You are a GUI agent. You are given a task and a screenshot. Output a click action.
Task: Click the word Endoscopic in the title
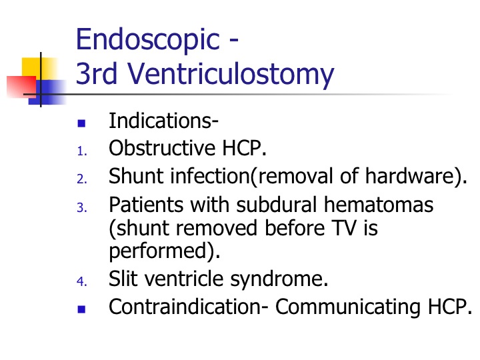point(147,40)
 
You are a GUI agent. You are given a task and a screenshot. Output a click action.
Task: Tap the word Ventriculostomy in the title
point(231,75)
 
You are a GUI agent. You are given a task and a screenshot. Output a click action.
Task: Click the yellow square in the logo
point(39,68)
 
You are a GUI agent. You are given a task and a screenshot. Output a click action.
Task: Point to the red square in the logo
point(21,87)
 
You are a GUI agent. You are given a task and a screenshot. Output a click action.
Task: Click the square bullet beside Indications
point(81,123)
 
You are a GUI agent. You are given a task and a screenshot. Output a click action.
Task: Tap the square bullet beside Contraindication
point(81,309)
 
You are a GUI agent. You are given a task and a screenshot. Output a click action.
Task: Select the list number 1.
point(82,151)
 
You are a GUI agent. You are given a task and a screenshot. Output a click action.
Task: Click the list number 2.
point(82,179)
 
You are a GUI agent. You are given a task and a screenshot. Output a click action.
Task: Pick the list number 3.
point(82,207)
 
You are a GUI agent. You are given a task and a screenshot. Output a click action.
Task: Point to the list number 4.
point(82,281)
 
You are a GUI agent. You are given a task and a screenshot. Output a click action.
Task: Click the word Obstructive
point(162,148)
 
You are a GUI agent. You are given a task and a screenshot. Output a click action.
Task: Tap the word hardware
point(409,176)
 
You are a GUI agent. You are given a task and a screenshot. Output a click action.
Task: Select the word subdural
point(277,205)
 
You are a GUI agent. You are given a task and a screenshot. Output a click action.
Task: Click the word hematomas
point(379,205)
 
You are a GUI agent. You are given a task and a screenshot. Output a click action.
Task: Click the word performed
point(159,251)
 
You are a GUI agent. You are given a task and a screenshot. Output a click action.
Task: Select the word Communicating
point(348,307)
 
